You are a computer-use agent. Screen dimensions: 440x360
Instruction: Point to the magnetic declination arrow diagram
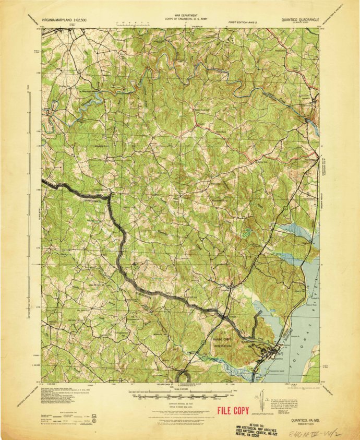(x=259, y=397)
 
